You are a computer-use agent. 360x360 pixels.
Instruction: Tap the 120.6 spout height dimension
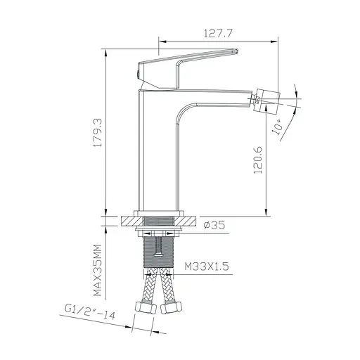coord(258,160)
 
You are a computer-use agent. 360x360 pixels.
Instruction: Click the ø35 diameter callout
coord(213,226)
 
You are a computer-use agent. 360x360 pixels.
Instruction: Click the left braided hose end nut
coord(147,308)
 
